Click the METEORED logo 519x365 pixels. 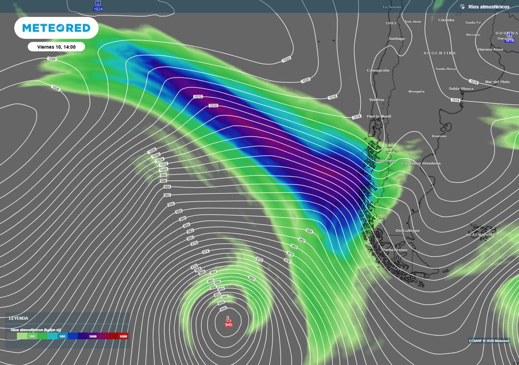pyautogui.click(x=56, y=28)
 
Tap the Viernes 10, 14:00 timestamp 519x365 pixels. pyautogui.click(x=56, y=47)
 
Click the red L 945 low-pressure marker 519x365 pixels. pyautogui.click(x=228, y=321)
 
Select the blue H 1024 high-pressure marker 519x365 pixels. pyautogui.click(x=98, y=6)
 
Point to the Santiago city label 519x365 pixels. pyautogui.click(x=396, y=39)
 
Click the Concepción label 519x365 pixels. pyautogui.click(x=378, y=70)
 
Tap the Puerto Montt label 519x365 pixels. pyautogui.click(x=379, y=117)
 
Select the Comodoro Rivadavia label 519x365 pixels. pyautogui.click(x=421, y=163)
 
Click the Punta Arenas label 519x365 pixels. pyautogui.click(x=394, y=250)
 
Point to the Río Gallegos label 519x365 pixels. pyautogui.click(x=407, y=231)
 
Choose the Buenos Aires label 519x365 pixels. pyautogui.click(x=490, y=50)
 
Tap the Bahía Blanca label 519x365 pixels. pyautogui.click(x=461, y=89)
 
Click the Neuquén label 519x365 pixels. pyautogui.click(x=416, y=91)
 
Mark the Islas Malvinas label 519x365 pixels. pyautogui.click(x=481, y=235)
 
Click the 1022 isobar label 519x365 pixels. pyautogui.click(x=286, y=59)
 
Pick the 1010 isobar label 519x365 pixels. pyautogui.click(x=213, y=106)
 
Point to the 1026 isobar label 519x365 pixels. pyautogui.click(x=56, y=88)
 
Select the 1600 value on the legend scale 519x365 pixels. pyautogui.click(x=123, y=336)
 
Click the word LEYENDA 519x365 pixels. pyautogui.click(x=18, y=318)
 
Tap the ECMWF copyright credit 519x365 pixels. pyautogui.click(x=489, y=340)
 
